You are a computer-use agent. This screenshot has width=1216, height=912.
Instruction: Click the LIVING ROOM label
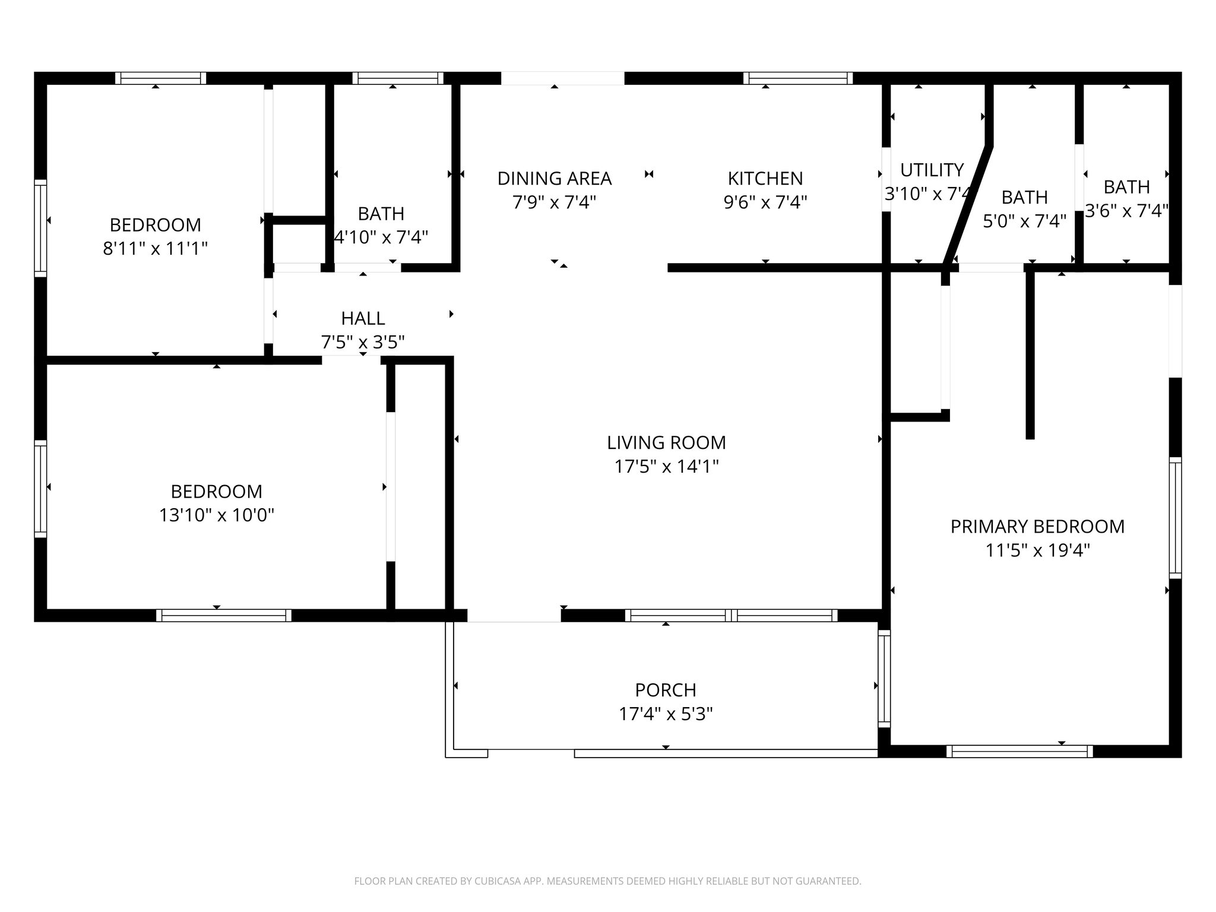(666, 442)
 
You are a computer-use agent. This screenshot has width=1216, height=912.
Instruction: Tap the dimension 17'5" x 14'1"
(666, 467)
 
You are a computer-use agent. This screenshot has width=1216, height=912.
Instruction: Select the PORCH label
(666, 690)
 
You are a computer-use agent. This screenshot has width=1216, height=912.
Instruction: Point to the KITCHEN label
(765, 178)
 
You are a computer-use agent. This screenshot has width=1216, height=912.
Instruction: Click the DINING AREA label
(554, 178)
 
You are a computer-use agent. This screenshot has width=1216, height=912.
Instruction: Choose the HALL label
(363, 318)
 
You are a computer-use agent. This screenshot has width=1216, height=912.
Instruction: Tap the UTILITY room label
(932, 170)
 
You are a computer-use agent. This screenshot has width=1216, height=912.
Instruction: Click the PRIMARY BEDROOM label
(1037, 527)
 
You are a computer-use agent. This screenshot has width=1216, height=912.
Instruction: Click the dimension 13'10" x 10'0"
(216, 515)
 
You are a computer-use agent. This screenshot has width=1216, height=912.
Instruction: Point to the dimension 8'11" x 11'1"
(155, 249)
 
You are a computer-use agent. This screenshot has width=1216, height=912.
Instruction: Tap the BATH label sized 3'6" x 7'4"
(1126, 187)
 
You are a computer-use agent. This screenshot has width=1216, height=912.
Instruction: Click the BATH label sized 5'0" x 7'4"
(1024, 197)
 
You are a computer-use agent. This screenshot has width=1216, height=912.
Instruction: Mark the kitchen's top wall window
(798, 78)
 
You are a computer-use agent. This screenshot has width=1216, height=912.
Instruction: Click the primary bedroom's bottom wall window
(1019, 751)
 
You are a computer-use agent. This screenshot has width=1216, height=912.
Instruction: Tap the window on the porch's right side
(884, 679)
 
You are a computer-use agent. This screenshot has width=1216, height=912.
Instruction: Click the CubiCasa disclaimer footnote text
(607, 881)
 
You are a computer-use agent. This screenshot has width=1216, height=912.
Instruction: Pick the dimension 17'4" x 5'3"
(666, 714)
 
